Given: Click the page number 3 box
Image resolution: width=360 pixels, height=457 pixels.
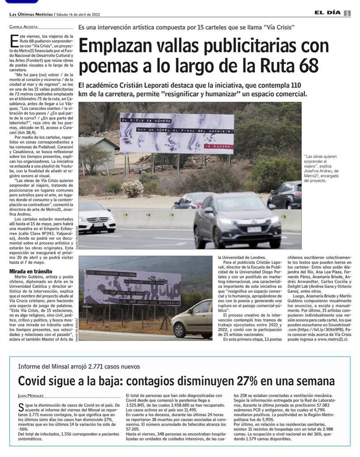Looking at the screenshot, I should (347, 13).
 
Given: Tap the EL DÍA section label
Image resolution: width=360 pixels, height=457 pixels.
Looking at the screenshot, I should (327, 13).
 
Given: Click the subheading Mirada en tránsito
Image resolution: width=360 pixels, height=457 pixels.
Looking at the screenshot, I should (31, 271).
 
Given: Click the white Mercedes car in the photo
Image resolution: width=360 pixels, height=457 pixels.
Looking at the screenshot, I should (96, 217).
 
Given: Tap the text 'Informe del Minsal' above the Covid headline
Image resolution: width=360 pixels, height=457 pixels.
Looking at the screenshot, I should (46, 366).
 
